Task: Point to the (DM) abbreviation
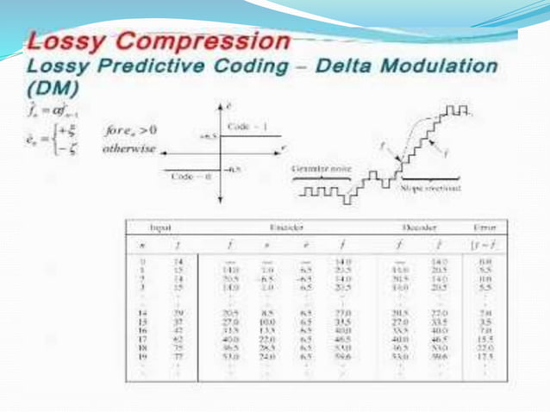point(52,87)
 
